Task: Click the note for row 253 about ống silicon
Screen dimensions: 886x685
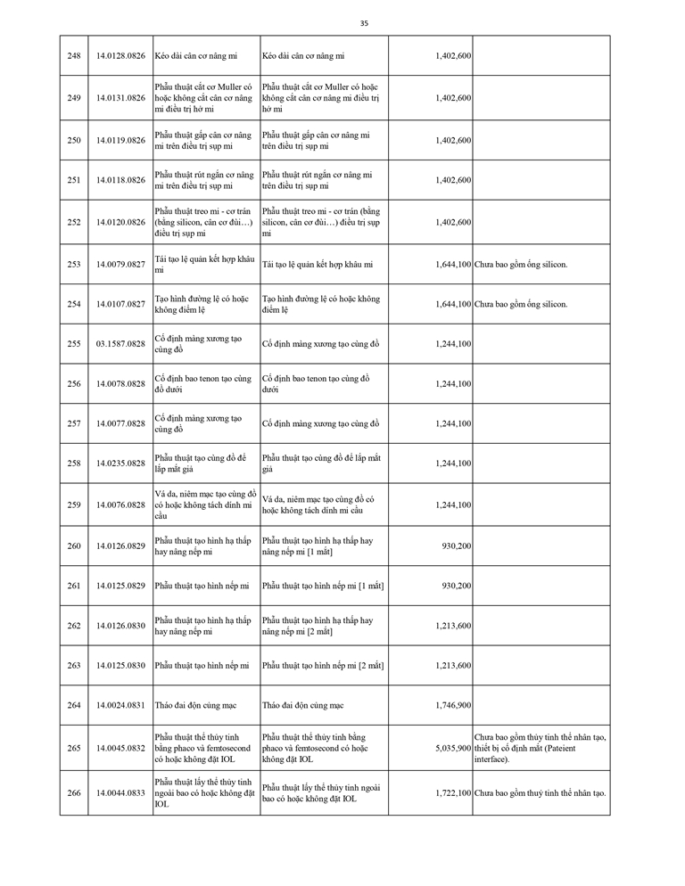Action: coord(521,265)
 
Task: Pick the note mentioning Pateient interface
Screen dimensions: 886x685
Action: coord(540,748)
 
